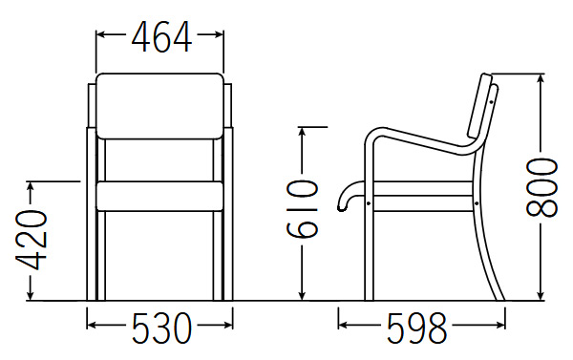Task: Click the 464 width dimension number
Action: (161, 36)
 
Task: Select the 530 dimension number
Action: (161, 328)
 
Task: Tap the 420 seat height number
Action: (32, 240)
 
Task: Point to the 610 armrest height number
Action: (302, 209)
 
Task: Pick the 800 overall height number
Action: (541, 187)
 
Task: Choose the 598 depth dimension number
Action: (417, 328)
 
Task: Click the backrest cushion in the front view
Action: (159, 106)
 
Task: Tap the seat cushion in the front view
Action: (159, 197)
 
